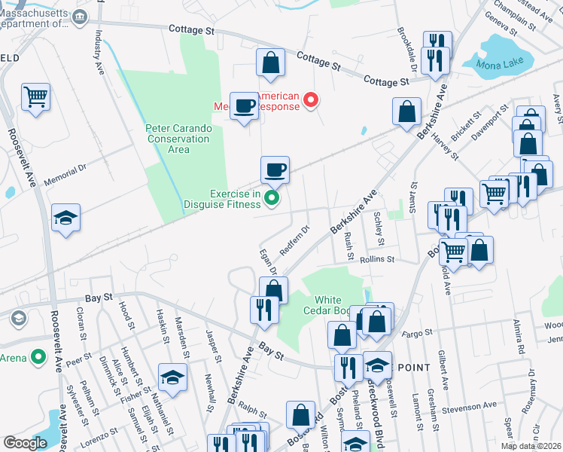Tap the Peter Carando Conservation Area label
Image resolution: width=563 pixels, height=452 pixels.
coord(178,139)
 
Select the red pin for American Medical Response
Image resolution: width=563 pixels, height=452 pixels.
coord(309,99)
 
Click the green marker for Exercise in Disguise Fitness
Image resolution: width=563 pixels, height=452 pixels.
coord(272,199)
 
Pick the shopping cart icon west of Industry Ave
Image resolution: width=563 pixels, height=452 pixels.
coord(36,96)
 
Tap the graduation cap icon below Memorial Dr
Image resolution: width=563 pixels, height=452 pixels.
coord(66,218)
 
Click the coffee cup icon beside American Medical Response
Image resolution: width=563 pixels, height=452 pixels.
coord(243,105)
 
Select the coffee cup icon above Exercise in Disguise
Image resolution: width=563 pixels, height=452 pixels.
coord(275,169)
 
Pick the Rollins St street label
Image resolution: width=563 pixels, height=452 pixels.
coord(378,259)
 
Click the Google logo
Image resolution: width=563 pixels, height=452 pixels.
coord(26,443)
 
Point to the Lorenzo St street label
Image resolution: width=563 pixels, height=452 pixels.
coord(100,437)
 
